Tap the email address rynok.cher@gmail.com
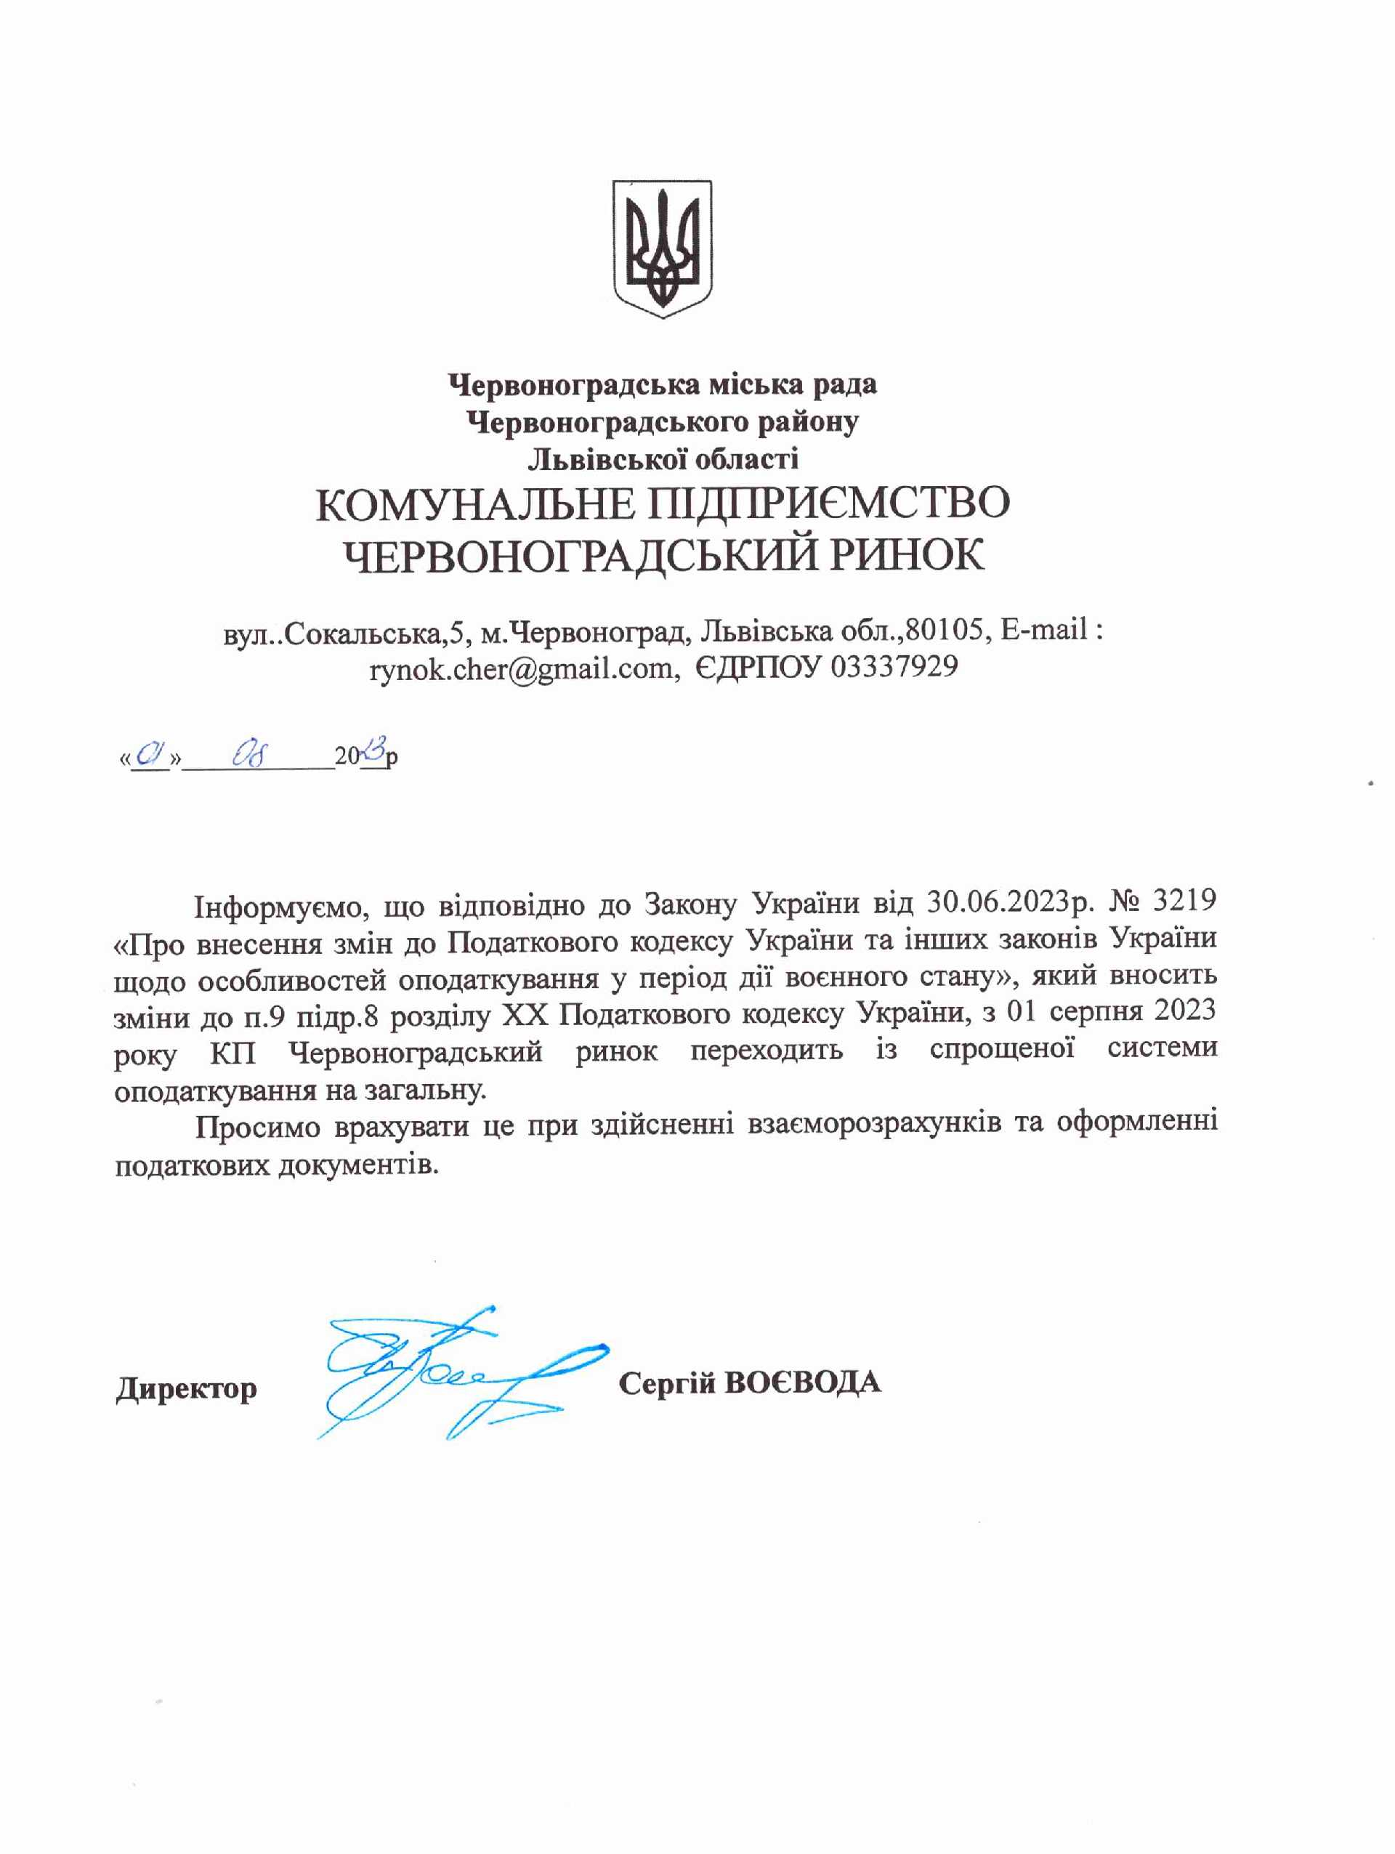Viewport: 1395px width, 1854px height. tap(521, 667)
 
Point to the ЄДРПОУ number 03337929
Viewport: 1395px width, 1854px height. tap(894, 667)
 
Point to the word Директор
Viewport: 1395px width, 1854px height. tap(186, 1388)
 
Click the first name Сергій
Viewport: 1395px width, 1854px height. tap(666, 1383)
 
